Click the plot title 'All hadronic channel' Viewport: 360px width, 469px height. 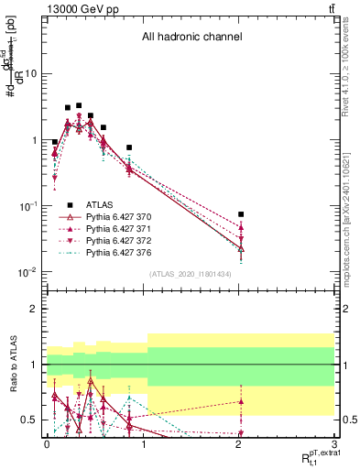coord(191,38)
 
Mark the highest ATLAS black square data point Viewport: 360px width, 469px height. coord(79,105)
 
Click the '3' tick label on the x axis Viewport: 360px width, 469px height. coord(335,443)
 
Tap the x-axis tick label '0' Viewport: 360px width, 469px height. coord(47,443)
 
